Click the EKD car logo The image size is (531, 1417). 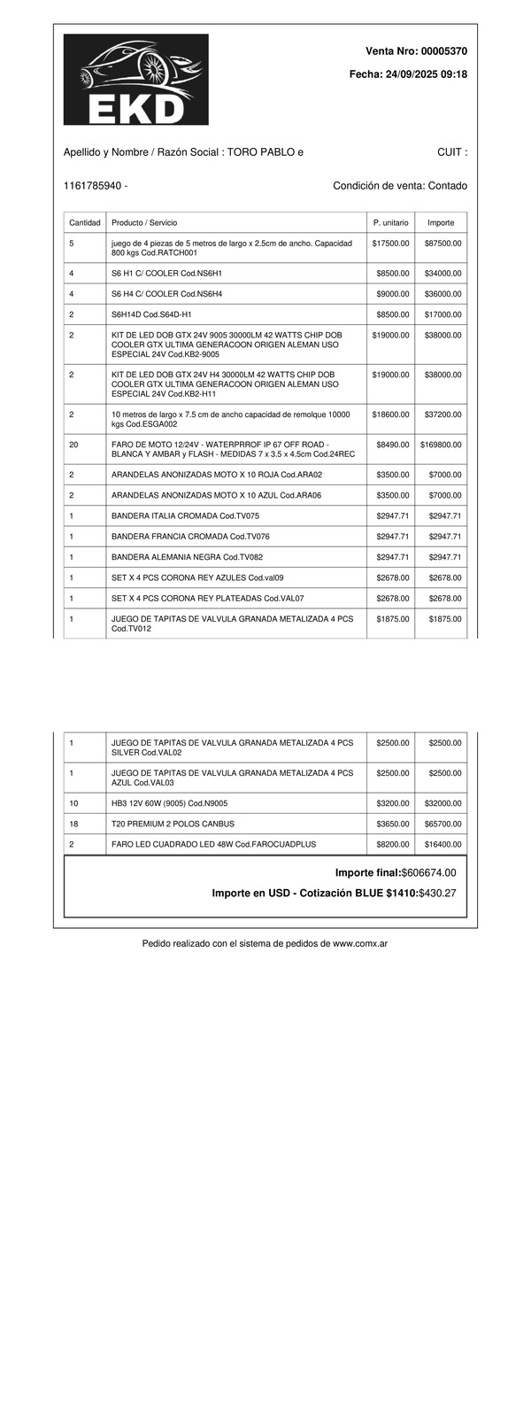click(x=135, y=80)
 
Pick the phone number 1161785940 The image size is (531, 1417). click(x=93, y=186)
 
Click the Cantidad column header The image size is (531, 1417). click(x=85, y=222)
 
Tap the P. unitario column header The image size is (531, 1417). click(x=390, y=222)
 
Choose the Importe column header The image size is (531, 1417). click(x=441, y=222)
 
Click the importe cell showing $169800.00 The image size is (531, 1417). click(x=441, y=445)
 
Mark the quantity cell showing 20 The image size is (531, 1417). click(x=73, y=445)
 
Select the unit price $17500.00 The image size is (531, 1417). click(x=390, y=243)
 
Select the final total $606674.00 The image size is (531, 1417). click(x=428, y=873)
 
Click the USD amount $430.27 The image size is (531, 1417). click(x=437, y=893)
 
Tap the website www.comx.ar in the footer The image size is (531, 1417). click(x=359, y=944)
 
